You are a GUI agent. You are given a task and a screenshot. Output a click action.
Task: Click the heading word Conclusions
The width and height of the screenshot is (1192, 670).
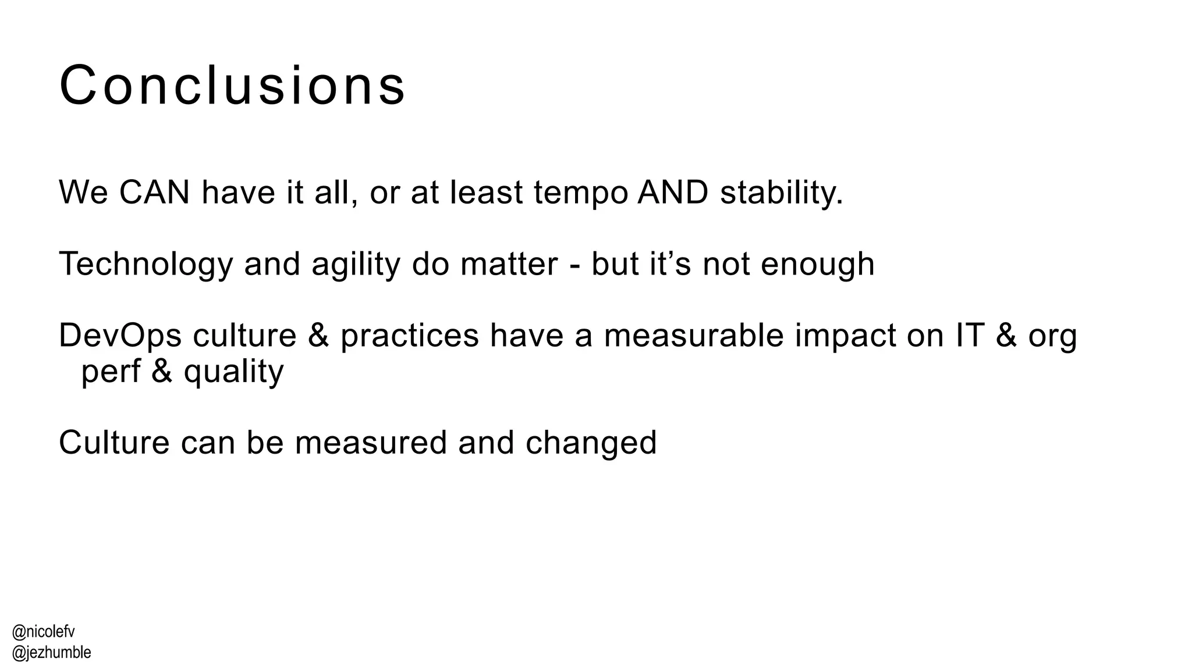(x=232, y=86)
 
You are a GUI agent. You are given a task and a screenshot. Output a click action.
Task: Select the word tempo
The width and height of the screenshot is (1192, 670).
(x=580, y=193)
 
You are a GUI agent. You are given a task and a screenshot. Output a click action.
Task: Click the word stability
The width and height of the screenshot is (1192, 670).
(x=781, y=193)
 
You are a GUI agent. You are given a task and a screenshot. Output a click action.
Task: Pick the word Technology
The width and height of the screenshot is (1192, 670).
(x=146, y=265)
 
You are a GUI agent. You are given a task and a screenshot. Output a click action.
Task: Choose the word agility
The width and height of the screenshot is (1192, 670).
(x=356, y=265)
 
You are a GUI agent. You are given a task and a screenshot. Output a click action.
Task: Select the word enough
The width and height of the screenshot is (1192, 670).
(x=817, y=265)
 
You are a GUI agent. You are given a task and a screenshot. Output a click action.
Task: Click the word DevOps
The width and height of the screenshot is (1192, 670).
(x=120, y=336)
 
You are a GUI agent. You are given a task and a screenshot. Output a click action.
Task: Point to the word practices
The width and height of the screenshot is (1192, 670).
(x=409, y=336)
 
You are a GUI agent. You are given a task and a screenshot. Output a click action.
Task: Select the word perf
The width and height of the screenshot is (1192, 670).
(x=111, y=372)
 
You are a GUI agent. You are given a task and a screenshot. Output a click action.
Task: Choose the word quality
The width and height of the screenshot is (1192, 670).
(x=234, y=373)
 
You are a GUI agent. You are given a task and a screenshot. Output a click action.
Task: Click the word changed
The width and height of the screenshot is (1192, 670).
(x=591, y=443)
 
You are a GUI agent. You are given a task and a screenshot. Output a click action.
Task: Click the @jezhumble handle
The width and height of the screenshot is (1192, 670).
(x=51, y=653)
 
